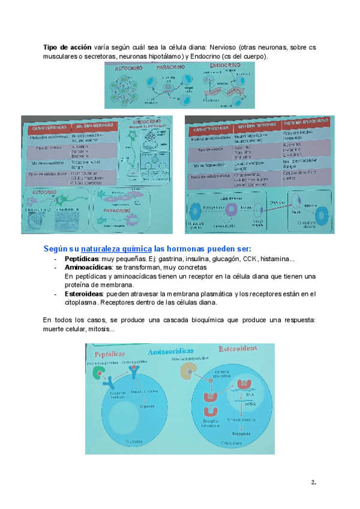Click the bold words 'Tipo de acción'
click(x=67, y=46)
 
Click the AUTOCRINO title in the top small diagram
click(x=128, y=68)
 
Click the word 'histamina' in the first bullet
click(x=277, y=259)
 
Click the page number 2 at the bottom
click(x=313, y=482)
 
